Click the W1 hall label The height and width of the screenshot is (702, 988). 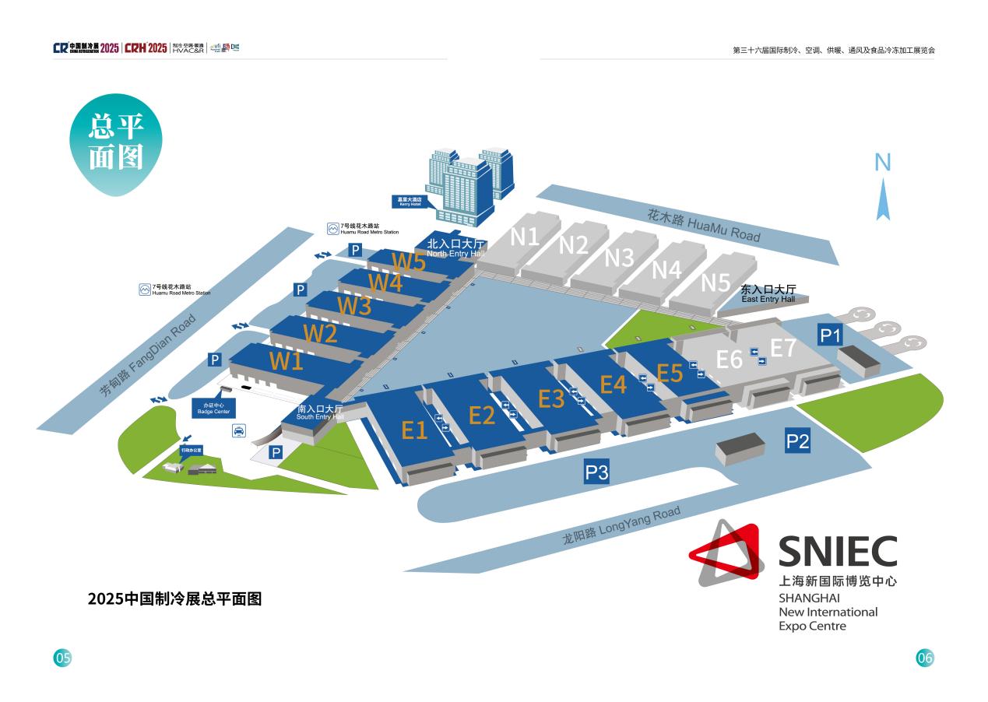pos(286,361)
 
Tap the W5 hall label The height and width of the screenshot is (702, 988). pos(408,261)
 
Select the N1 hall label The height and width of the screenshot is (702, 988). pos(525,236)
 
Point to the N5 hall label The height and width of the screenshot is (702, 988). pos(715,283)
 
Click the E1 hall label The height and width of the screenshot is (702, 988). pos(414,430)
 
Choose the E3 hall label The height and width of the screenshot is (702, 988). pos(551,398)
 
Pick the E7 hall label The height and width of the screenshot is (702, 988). pos(783,347)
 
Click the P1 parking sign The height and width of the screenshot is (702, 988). pos(830,335)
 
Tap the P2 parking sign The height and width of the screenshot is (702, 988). pos(798,442)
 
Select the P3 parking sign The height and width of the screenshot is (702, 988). pos(596,472)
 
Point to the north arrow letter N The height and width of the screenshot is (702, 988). pos(882,163)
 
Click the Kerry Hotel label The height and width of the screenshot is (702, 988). pos(410,201)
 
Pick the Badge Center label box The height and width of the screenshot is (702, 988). pos(213,409)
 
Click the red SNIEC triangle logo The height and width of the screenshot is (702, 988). pos(724,553)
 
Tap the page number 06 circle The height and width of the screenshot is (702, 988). pos(924,658)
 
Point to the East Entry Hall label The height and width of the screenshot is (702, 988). pos(768,293)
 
